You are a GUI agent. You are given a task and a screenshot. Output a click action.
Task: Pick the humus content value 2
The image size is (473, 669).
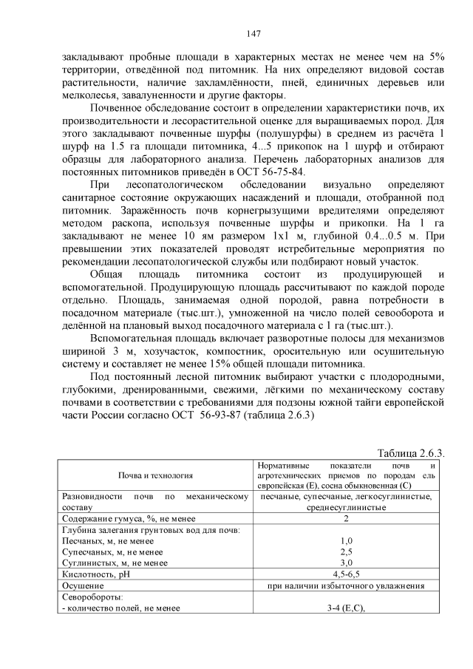pos(346,518)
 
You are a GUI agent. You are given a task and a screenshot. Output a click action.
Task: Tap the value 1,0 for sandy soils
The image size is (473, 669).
pos(346,541)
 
